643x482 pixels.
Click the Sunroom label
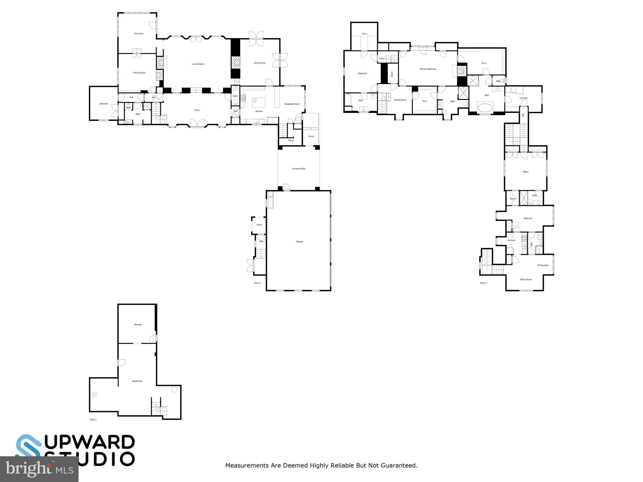point(139,34)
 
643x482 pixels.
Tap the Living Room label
point(198,64)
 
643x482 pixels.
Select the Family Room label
point(139,73)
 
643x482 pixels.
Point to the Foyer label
point(197,110)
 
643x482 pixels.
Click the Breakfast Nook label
point(292,104)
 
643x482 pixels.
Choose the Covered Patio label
point(299,169)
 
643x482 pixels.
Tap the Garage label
point(299,242)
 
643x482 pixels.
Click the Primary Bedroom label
point(428,69)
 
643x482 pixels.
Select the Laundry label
point(523,98)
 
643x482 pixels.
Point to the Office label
point(526,172)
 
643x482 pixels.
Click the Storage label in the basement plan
point(138,324)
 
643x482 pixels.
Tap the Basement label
point(137,381)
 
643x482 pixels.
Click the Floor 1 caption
point(93,420)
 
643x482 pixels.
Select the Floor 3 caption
point(484,283)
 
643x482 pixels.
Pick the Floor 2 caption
point(257,283)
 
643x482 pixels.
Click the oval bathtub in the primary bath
point(485,108)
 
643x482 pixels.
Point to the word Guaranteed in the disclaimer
point(399,465)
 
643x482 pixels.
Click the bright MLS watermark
point(39,469)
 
